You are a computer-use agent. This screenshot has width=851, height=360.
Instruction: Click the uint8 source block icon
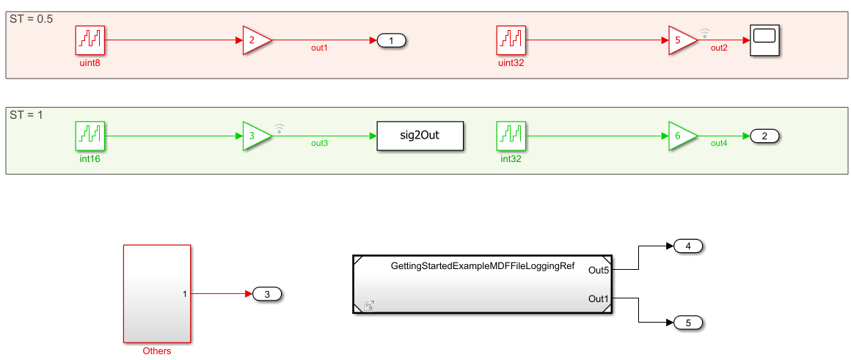(x=90, y=40)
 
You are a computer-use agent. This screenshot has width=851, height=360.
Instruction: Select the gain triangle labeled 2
(x=255, y=40)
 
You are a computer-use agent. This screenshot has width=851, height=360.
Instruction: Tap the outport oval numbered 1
(x=392, y=40)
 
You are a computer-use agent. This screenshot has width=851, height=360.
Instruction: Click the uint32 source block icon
(x=511, y=40)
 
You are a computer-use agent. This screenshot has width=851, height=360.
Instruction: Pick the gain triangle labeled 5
(x=681, y=40)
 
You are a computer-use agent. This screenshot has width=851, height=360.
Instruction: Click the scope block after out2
(x=764, y=40)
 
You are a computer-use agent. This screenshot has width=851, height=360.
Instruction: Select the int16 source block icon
(x=90, y=136)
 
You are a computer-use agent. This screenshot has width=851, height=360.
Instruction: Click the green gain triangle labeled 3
(x=255, y=136)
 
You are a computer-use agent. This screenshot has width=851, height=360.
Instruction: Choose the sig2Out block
(x=420, y=136)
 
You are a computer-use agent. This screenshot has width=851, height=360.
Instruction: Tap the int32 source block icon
(x=511, y=136)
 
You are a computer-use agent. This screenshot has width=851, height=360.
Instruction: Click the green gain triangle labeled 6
(x=681, y=136)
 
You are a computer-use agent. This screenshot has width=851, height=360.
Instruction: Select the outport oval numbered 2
(x=764, y=136)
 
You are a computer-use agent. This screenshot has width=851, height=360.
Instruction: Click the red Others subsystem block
(x=157, y=293)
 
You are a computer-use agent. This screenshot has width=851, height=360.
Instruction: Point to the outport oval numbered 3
(x=267, y=294)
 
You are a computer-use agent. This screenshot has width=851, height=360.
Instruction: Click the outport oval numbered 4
(x=688, y=246)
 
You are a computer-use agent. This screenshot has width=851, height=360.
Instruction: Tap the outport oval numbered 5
(x=688, y=323)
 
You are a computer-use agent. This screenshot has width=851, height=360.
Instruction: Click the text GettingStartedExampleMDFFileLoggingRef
(x=483, y=265)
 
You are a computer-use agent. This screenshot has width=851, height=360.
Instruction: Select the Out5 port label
(x=599, y=271)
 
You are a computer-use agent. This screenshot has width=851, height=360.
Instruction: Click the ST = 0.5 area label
(x=31, y=19)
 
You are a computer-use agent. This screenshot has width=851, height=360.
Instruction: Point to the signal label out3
(x=319, y=143)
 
